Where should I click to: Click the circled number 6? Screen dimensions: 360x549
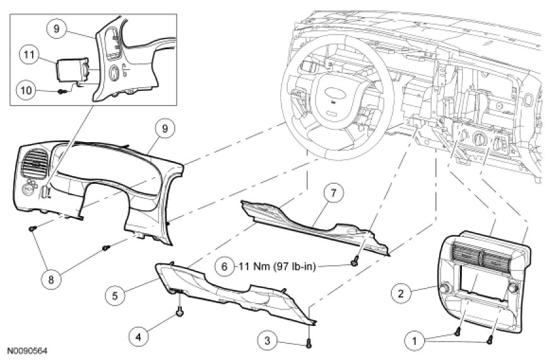(x=223, y=267)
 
